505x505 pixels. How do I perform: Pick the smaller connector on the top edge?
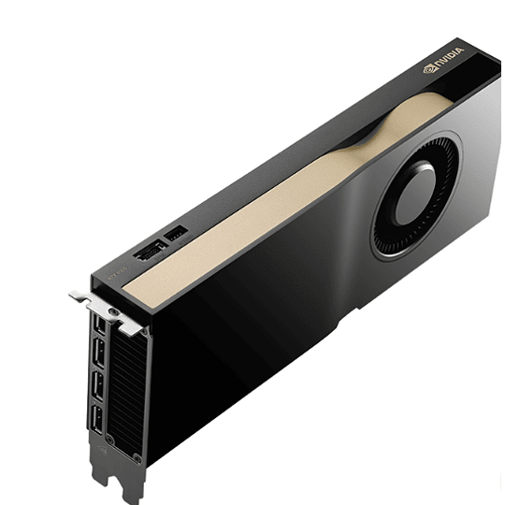click(175, 232)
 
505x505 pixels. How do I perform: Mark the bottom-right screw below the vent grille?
click(137, 432)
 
